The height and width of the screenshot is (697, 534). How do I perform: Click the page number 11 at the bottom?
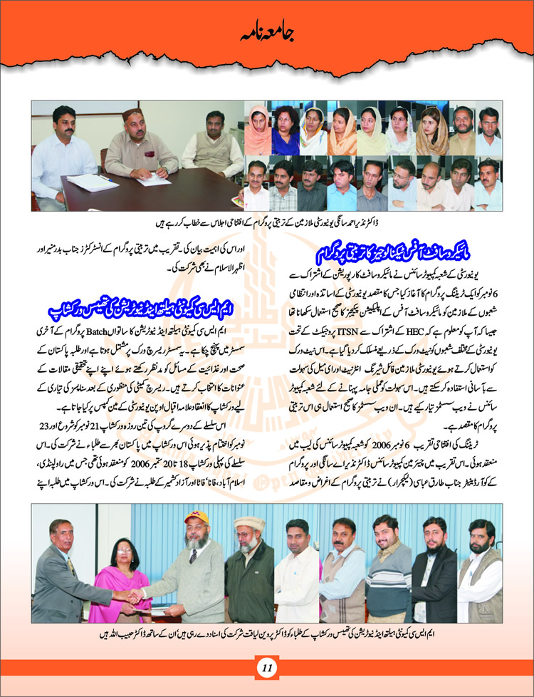[x=267, y=667]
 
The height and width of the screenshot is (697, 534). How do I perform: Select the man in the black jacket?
[x=434, y=570]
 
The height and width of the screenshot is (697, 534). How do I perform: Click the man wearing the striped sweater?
[x=384, y=570]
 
